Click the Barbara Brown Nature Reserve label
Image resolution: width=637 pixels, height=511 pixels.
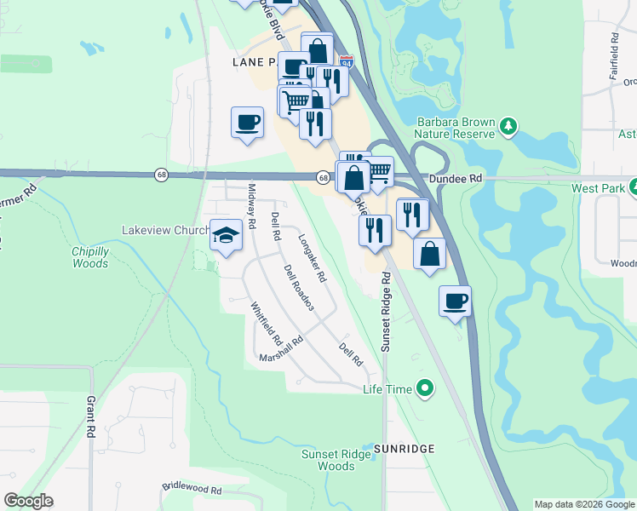[455, 128]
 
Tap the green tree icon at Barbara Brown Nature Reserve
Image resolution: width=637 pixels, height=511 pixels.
[508, 127]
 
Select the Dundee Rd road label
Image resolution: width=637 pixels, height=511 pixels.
[456, 179]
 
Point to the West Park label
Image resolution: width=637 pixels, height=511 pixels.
[594, 188]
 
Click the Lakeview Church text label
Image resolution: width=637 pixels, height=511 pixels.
[165, 231]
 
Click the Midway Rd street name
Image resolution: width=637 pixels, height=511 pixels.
[252, 206]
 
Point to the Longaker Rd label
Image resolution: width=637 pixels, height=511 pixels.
[313, 258]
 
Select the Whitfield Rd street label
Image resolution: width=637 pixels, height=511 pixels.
[266, 324]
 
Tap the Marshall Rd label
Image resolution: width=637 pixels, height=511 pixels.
[282, 350]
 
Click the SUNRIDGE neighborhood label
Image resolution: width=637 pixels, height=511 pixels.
[403, 448]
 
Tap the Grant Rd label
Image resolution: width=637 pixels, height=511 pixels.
[90, 416]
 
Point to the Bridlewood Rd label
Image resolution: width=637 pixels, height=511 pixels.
[192, 491]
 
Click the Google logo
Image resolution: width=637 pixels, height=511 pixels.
[29, 501]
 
